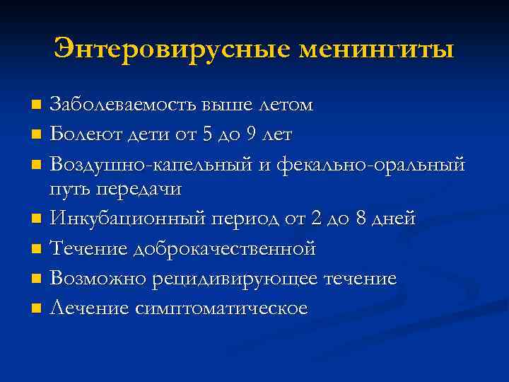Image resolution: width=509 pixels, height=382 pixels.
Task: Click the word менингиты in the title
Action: pyautogui.click(x=378, y=50)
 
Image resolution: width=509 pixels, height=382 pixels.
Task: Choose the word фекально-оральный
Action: pyautogui.click(x=371, y=165)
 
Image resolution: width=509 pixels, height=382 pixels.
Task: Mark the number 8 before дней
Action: pyautogui.click(x=363, y=219)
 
